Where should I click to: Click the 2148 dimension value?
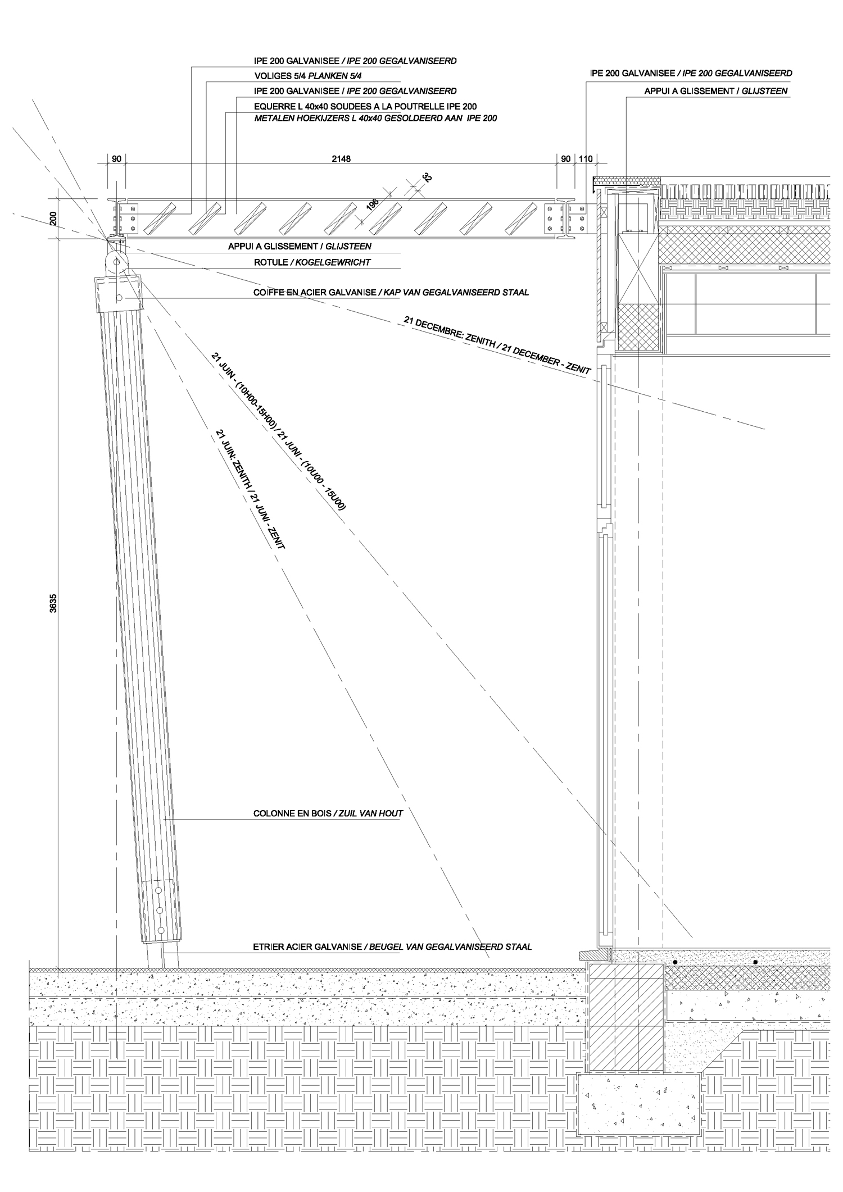click(x=341, y=159)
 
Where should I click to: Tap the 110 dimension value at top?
click(x=585, y=159)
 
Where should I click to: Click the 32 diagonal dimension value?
click(x=427, y=179)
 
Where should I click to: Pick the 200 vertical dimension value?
click(x=53, y=219)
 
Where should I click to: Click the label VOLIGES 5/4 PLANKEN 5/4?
click(x=307, y=76)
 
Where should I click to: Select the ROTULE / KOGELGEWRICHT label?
click(x=312, y=262)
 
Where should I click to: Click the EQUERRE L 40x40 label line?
click(x=365, y=106)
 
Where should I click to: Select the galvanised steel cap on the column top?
click(x=120, y=293)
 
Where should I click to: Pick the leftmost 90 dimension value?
click(x=116, y=159)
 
